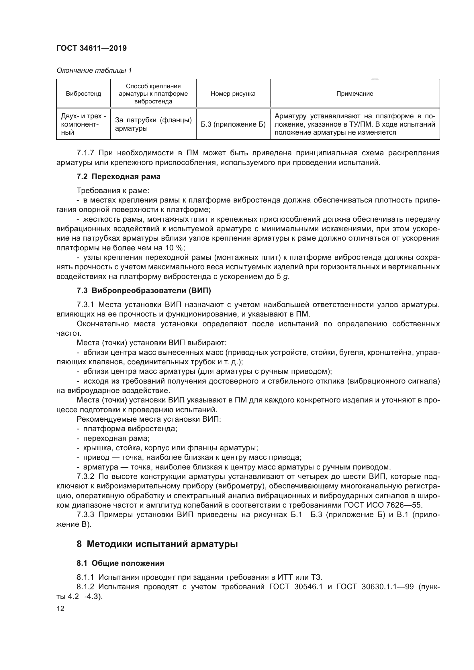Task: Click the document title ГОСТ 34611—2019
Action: [91, 48]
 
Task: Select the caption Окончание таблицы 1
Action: [94, 70]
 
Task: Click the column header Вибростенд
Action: [83, 94]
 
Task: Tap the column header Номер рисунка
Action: [233, 94]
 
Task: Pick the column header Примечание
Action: [354, 94]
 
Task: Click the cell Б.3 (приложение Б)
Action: [233, 125]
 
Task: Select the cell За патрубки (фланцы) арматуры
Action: [153, 124]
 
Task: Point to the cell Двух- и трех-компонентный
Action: [83, 124]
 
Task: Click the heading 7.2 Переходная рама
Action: [119, 176]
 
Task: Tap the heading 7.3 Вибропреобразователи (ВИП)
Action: [144, 290]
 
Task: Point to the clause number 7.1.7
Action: [85, 153]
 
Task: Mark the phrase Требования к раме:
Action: [113, 191]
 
